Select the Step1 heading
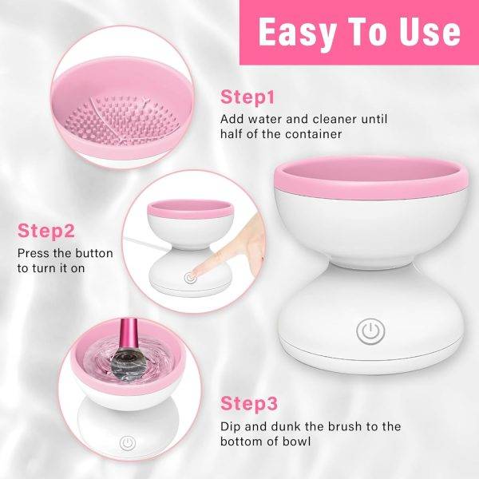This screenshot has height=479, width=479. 247,98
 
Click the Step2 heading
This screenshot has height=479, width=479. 46,232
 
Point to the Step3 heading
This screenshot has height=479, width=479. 248,402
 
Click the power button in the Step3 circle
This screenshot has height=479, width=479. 126,441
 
